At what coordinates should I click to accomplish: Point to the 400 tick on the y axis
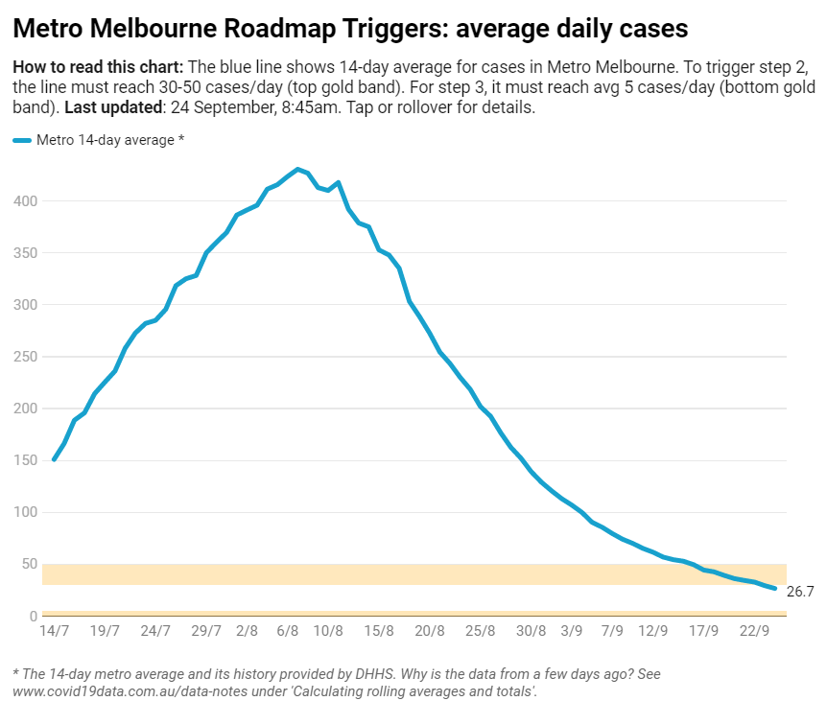26,201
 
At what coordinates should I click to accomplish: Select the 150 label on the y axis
26,460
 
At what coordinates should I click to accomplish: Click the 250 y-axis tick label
26,357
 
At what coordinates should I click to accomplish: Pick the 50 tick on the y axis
30,564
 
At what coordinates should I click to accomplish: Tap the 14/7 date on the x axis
54,631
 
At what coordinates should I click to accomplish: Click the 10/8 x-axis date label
328,631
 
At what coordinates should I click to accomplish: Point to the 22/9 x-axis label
755,631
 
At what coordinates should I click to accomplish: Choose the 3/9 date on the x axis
572,631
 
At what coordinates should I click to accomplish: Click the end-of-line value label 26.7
800,592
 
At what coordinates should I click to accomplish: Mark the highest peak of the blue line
297,169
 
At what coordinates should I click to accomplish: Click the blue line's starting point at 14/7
54,459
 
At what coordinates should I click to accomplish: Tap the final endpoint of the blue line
775,588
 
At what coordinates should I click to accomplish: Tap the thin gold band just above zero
413,614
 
